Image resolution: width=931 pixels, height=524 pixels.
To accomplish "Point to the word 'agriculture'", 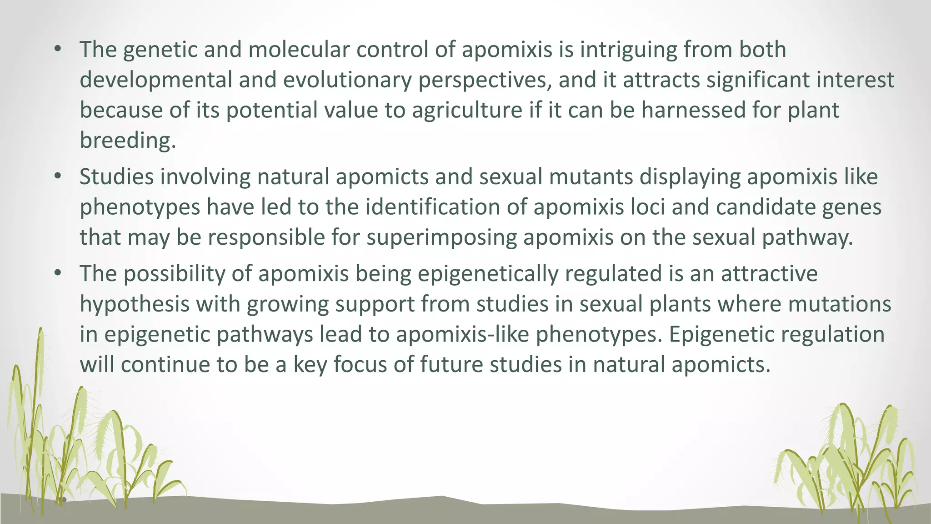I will point(467,110).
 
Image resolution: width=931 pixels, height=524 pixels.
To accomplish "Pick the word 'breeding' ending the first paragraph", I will point(127,140).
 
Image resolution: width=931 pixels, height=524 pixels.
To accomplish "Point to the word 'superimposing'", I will point(441,237).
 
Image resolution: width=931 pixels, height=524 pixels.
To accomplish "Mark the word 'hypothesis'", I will point(135,304).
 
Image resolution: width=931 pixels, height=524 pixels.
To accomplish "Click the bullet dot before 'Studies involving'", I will point(57,176).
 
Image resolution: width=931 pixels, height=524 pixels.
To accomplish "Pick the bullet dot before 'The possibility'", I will point(57,274).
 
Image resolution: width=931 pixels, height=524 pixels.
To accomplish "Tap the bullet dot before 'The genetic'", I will point(57,50).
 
